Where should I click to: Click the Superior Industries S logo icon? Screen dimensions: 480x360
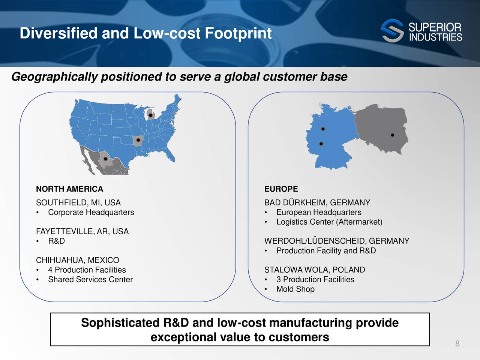[x=392, y=31]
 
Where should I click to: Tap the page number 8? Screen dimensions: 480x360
[x=457, y=343]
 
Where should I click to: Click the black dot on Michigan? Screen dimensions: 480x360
[x=150, y=115]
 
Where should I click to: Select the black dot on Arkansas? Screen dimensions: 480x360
[x=138, y=140]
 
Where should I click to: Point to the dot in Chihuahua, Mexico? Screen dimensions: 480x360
[x=105, y=159]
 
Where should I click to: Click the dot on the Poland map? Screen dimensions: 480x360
[x=393, y=135]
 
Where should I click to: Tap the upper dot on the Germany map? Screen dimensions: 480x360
[x=323, y=129]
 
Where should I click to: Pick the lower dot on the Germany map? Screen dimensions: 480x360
[x=321, y=144]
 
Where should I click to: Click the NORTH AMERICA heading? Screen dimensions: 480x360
[x=69, y=189]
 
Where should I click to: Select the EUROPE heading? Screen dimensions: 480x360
[x=281, y=189]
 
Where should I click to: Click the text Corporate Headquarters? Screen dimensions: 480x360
[x=91, y=212]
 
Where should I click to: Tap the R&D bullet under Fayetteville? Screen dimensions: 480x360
[x=56, y=241]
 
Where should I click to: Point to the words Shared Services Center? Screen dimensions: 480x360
[x=90, y=279]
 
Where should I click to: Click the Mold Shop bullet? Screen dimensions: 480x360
[x=295, y=289]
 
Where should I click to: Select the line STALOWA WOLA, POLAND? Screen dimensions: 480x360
[x=315, y=270]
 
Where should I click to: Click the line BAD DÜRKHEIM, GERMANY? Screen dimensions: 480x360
[x=317, y=202]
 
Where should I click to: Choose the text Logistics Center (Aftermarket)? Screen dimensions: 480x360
[x=329, y=222]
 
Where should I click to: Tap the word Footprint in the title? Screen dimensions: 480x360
[x=238, y=33]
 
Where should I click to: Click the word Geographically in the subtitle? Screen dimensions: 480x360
[x=54, y=77]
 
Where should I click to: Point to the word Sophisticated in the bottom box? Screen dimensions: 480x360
[x=120, y=323]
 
